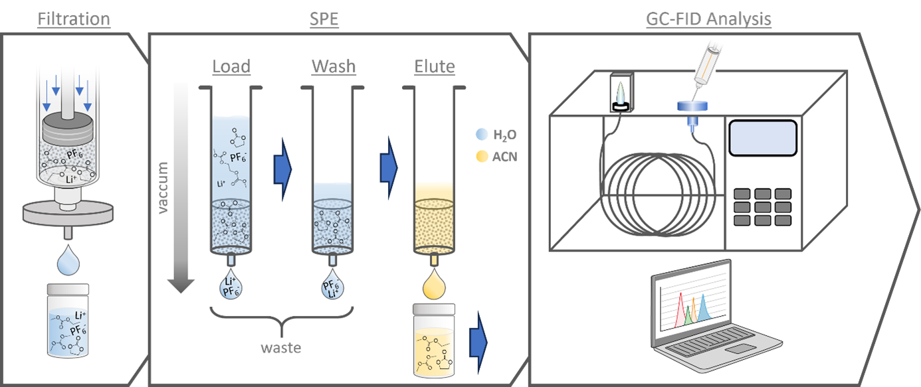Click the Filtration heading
(73, 19)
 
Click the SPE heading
(324, 19)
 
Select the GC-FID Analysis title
(708, 19)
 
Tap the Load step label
(231, 66)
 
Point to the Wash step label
(334, 66)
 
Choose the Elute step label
(435, 66)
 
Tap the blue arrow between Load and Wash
(282, 169)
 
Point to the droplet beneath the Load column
(231, 286)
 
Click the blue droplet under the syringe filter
(67, 259)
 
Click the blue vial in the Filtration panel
(68, 323)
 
